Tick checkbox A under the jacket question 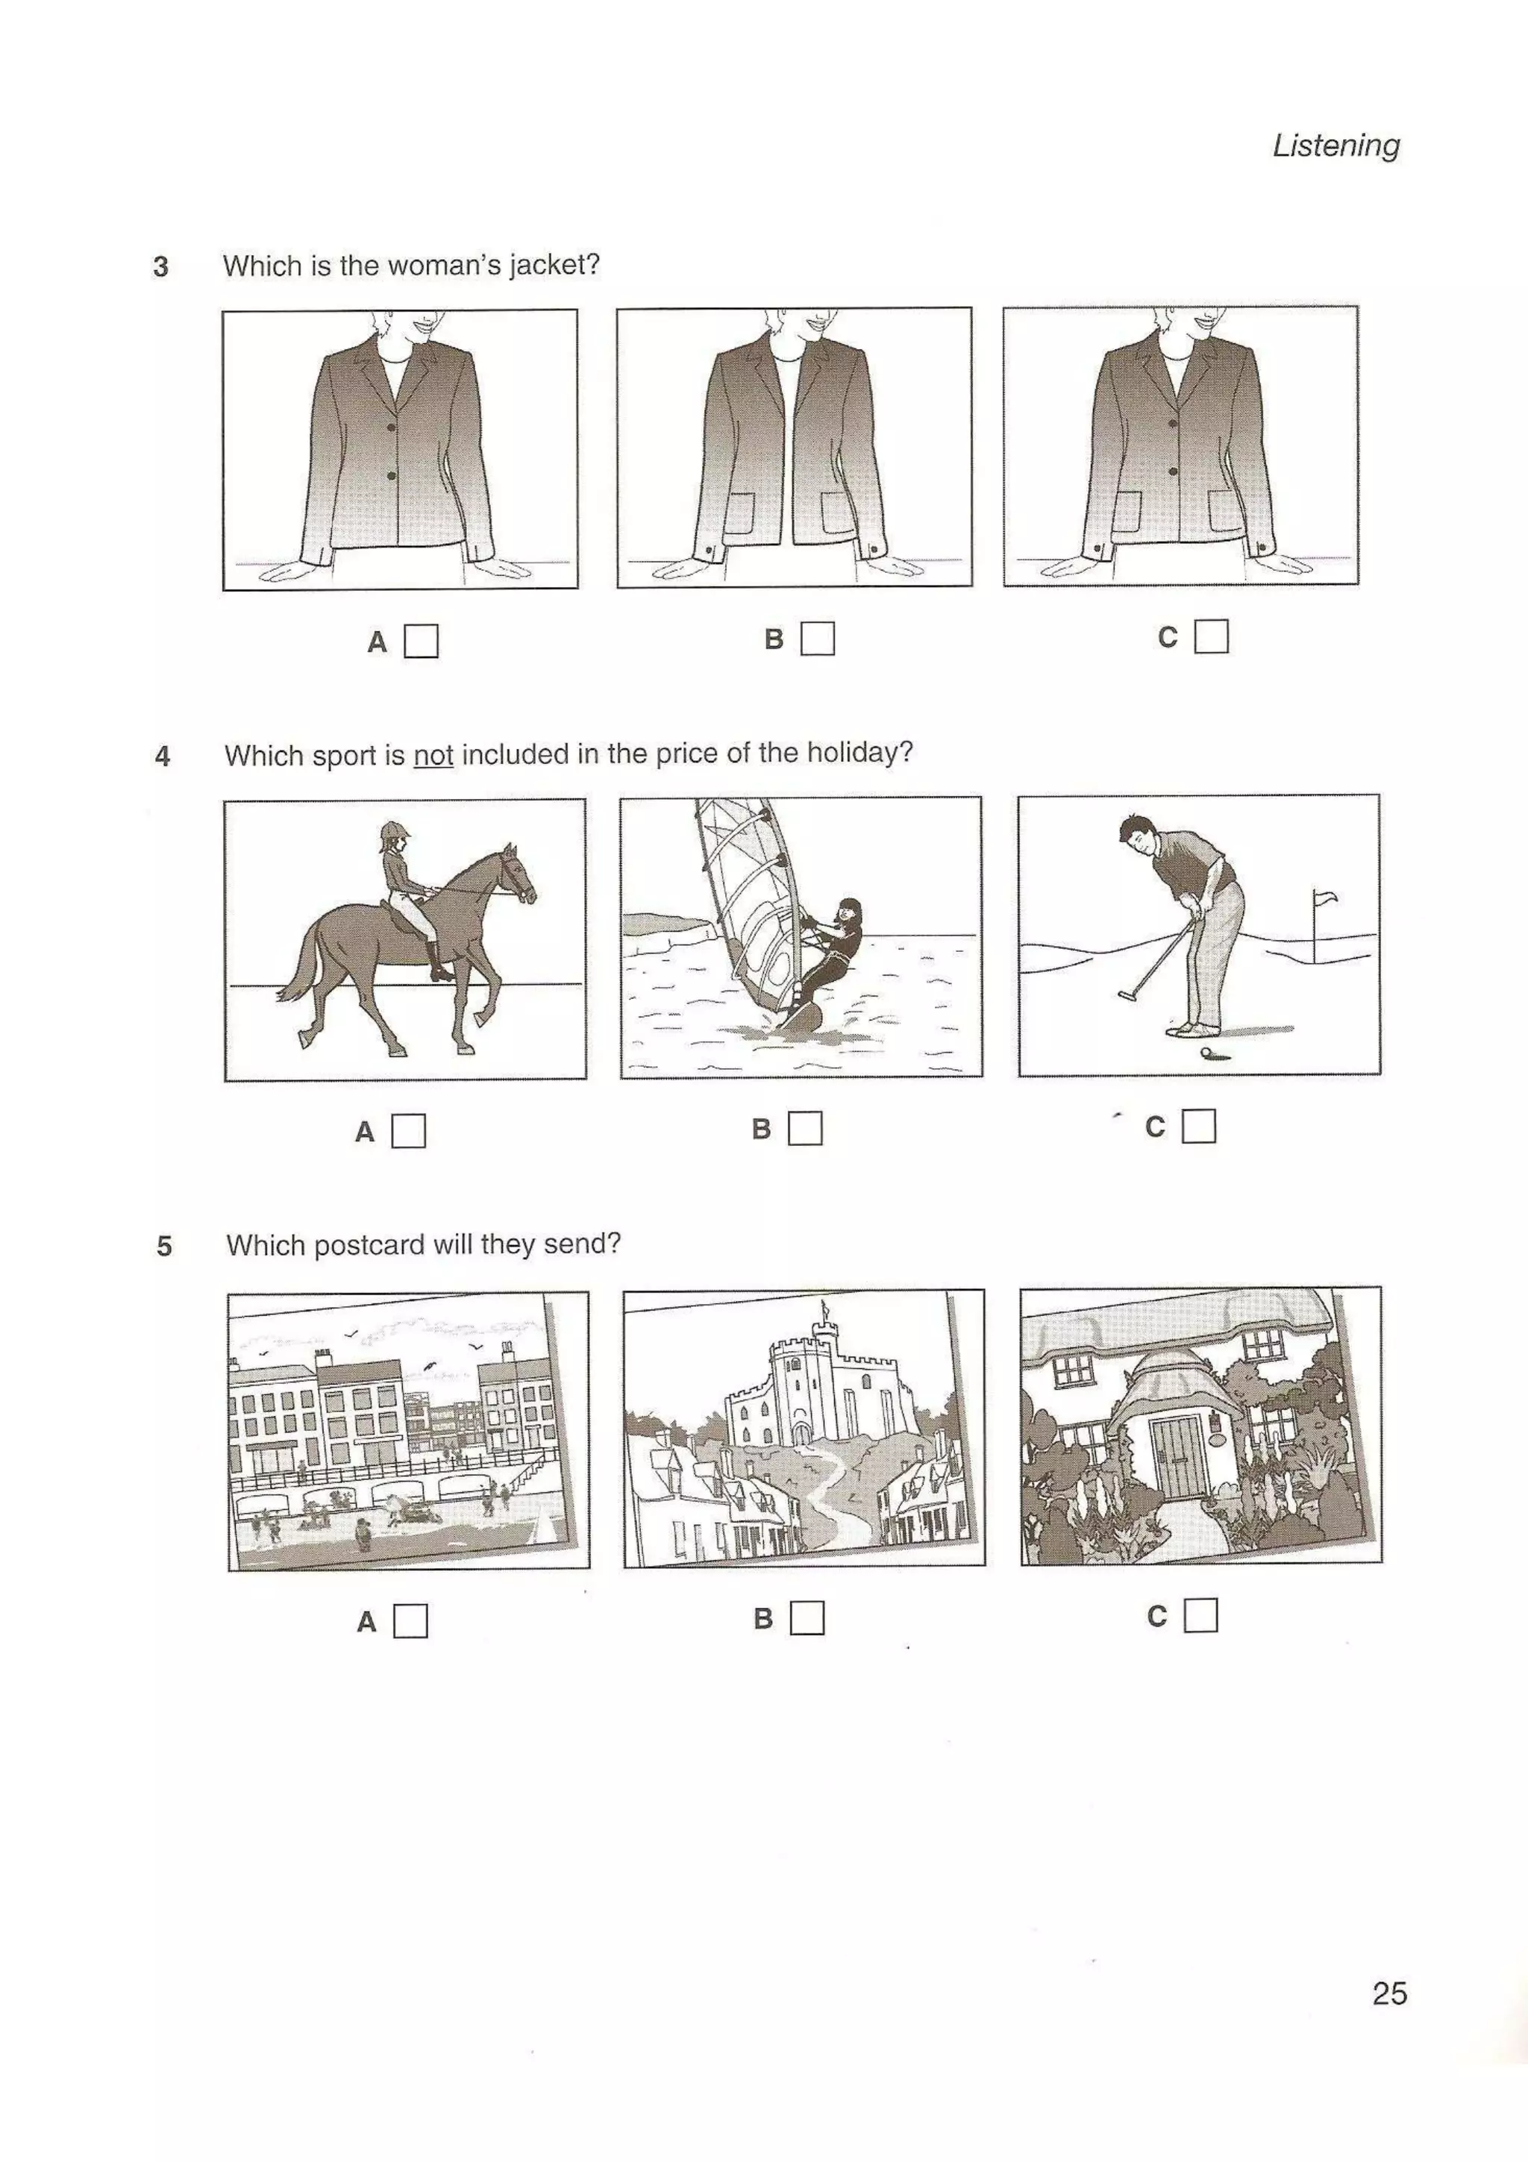[x=421, y=642]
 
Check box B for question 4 [x=805, y=1128]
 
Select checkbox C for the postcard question [x=1200, y=1616]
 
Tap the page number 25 [x=1388, y=1993]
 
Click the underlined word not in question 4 [x=433, y=755]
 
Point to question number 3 [x=161, y=266]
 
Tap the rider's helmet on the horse [x=389, y=830]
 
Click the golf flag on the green [x=1324, y=898]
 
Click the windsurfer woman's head [x=849, y=912]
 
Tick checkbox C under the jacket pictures [x=1211, y=636]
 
